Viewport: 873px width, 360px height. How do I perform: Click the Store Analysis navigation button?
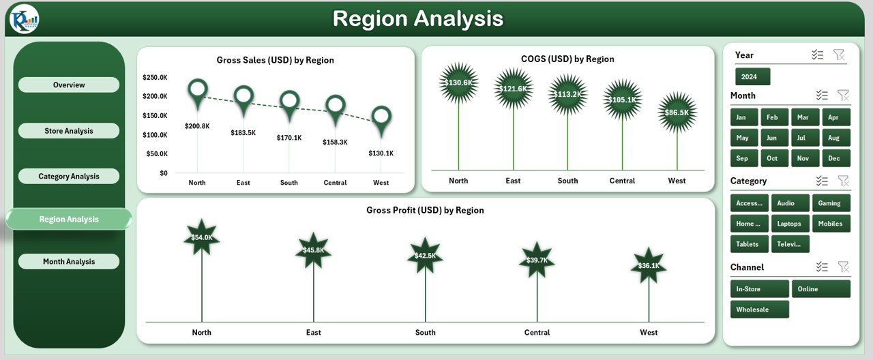point(68,131)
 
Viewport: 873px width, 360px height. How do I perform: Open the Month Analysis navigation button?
point(68,262)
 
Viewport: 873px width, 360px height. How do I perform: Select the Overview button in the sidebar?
point(68,85)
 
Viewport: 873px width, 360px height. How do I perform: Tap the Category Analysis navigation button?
point(68,177)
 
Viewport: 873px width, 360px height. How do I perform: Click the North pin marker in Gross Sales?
point(198,91)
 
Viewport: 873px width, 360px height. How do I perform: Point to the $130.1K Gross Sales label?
point(381,153)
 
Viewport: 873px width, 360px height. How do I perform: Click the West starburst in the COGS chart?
point(677,112)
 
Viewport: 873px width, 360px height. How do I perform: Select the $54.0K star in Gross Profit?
point(201,238)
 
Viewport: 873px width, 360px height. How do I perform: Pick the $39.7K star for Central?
point(537,260)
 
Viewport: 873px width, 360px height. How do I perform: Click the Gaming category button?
point(830,203)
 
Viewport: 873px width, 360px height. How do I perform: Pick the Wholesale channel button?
point(759,310)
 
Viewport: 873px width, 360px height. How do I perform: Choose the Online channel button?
point(820,289)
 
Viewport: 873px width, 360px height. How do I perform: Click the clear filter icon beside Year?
point(839,55)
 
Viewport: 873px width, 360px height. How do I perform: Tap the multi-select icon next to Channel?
point(822,267)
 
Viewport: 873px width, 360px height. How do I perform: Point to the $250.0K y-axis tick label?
point(155,78)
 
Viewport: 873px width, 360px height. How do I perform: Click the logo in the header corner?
point(24,18)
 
